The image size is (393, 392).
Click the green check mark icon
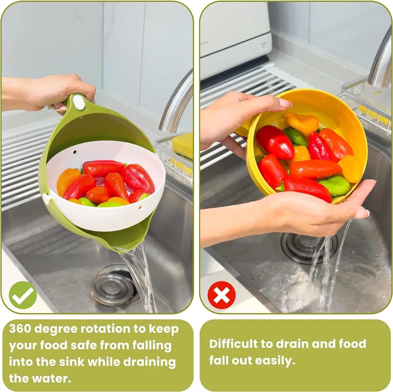point(23,295)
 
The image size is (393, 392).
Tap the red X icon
point(222,295)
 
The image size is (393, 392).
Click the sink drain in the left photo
point(112,284)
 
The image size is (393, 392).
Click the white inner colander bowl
point(106,212)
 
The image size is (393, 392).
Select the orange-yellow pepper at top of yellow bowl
point(302,122)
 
